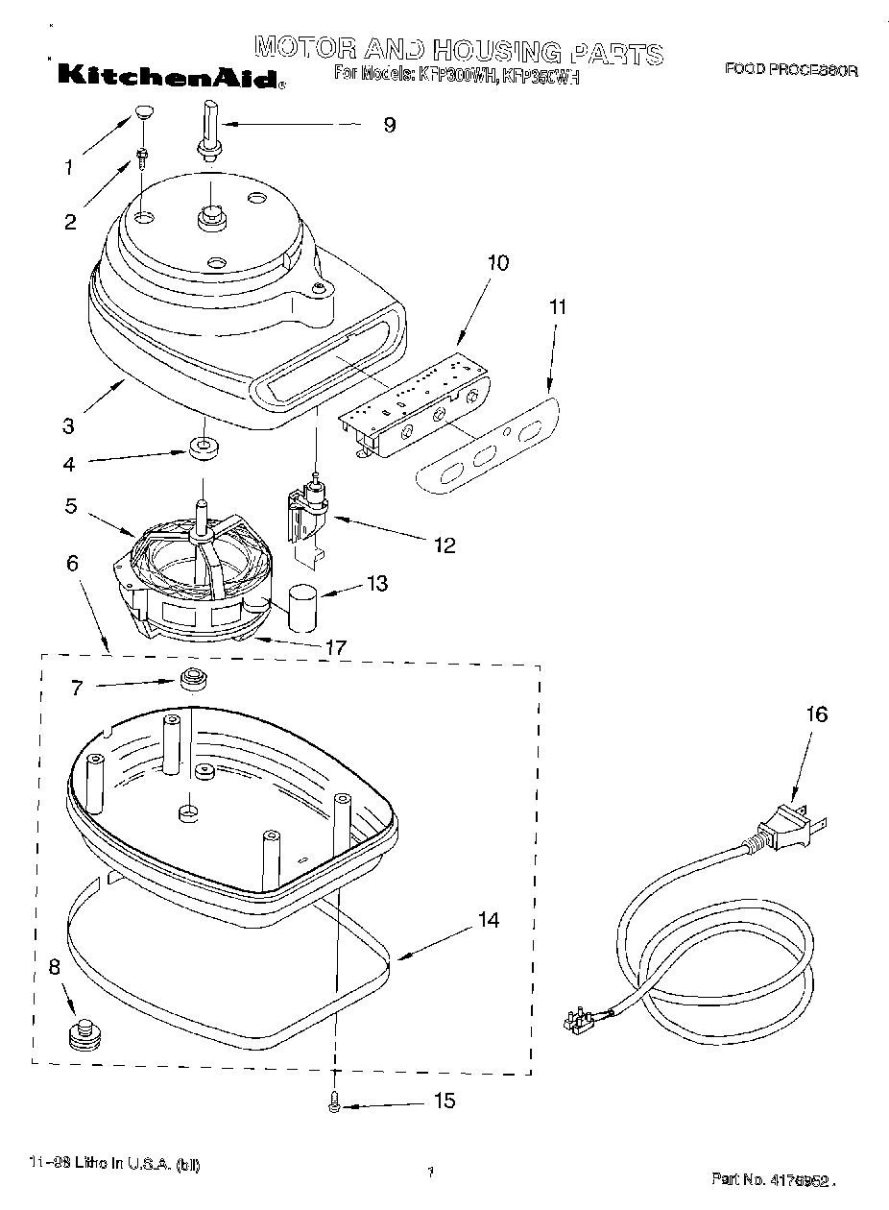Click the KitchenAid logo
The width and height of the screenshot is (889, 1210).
coord(169,76)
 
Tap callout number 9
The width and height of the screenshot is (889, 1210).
coord(389,125)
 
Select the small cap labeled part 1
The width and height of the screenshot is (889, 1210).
coord(144,112)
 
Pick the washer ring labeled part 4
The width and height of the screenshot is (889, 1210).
coord(204,448)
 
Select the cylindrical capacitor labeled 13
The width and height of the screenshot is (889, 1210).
coord(303,608)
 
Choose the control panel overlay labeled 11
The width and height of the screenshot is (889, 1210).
coord(489,443)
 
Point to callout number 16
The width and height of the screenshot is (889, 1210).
coord(816,714)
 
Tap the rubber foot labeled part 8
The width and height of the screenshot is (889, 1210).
coord(84,1036)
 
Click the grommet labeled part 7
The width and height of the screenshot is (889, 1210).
coord(192,679)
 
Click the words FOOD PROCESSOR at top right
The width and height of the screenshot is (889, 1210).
coord(790,70)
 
